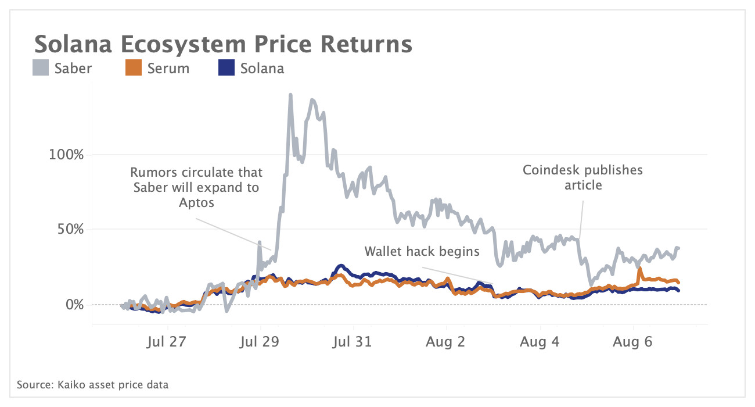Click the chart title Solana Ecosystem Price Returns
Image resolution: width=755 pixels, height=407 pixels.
click(223, 45)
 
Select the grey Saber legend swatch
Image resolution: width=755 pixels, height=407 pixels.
click(41, 69)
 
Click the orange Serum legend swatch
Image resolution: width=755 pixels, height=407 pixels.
click(134, 69)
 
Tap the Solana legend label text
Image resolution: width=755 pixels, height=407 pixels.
click(262, 69)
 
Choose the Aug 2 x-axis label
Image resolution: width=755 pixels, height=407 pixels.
click(446, 342)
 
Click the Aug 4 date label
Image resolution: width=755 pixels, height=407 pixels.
click(540, 342)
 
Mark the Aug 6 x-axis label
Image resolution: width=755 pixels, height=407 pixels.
click(633, 342)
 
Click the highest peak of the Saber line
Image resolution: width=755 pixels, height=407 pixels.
click(290, 95)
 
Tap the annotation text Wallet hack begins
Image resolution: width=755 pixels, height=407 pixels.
click(422, 251)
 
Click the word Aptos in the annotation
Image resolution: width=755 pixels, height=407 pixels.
click(196, 203)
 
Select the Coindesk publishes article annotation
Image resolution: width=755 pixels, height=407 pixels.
click(583, 177)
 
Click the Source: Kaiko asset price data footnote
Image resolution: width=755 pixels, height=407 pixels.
click(93, 385)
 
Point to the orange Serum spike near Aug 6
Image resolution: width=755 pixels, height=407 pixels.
click(640, 269)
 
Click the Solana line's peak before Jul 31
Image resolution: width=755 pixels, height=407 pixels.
click(340, 266)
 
